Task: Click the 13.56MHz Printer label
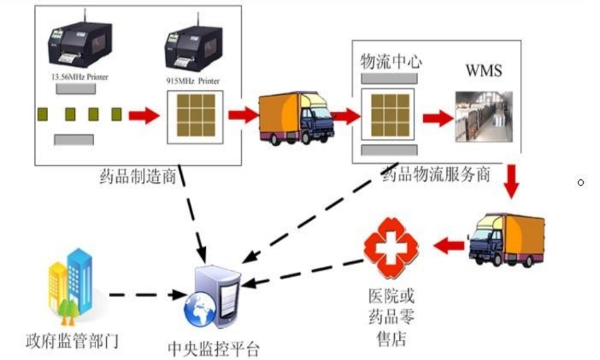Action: coord(76,77)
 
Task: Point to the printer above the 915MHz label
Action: coord(195,49)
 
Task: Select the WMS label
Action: coord(484,70)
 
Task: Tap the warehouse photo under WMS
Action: coord(484,116)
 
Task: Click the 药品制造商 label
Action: coord(137,176)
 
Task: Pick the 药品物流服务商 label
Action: coord(436,175)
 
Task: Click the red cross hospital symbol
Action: coord(391,246)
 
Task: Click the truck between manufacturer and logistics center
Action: coord(296,118)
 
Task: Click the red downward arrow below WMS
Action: coord(511,181)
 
